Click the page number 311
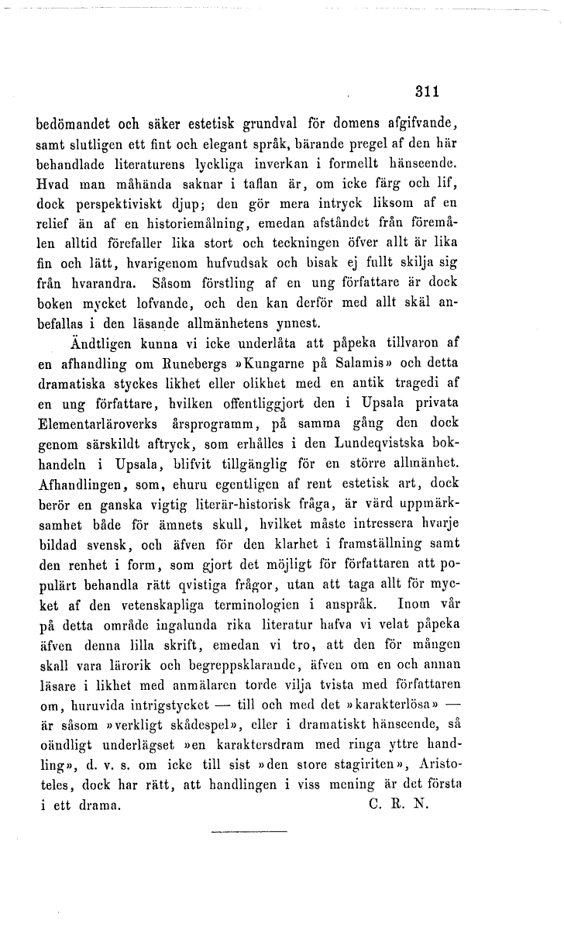(427, 91)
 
